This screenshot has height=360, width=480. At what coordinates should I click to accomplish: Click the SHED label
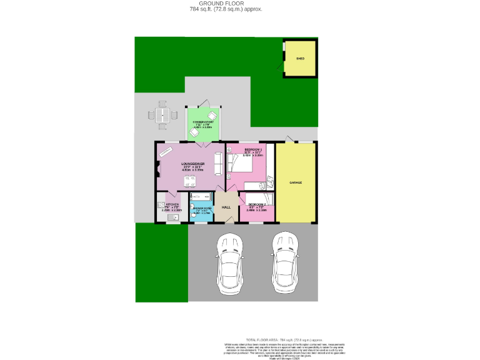click(300, 58)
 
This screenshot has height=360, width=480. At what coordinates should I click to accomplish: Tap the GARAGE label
click(296, 182)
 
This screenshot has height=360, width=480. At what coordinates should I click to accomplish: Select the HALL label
click(226, 207)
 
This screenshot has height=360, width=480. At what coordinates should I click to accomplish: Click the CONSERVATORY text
click(203, 122)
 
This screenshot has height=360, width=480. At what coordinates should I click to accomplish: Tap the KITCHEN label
click(172, 204)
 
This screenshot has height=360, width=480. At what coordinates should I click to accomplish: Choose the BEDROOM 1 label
click(253, 150)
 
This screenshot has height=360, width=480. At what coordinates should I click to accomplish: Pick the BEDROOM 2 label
click(257, 205)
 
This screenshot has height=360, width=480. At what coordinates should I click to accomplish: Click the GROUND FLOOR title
click(226, 4)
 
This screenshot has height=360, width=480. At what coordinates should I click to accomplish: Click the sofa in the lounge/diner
click(218, 164)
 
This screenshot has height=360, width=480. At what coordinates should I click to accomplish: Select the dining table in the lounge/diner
click(189, 180)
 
